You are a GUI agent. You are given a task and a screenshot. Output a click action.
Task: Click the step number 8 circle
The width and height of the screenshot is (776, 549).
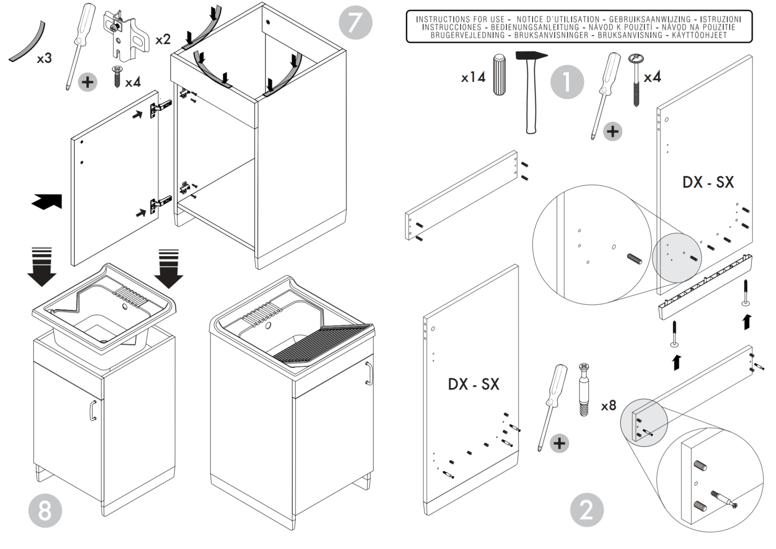click(45, 510)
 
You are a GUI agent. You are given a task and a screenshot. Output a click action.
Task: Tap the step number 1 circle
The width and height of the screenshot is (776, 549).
click(567, 82)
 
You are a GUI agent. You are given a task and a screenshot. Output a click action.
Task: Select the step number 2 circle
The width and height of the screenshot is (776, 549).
click(586, 510)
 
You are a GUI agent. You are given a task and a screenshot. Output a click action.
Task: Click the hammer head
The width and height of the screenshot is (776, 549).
click(531, 56)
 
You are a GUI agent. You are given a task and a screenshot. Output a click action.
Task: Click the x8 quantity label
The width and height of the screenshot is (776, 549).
click(609, 405)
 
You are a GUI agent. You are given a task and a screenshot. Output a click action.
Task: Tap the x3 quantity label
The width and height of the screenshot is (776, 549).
click(44, 58)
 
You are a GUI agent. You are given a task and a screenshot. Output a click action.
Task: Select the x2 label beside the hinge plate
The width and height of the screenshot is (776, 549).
click(163, 39)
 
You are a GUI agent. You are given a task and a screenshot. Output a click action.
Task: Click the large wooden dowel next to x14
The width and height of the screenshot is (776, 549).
click(499, 74)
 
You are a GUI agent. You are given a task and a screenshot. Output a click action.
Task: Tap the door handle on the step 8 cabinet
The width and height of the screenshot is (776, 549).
click(93, 410)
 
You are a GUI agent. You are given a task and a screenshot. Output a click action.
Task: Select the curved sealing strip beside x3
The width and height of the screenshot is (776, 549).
click(28, 42)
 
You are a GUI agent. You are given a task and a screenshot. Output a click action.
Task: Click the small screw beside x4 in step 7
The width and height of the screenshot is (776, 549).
click(117, 77)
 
